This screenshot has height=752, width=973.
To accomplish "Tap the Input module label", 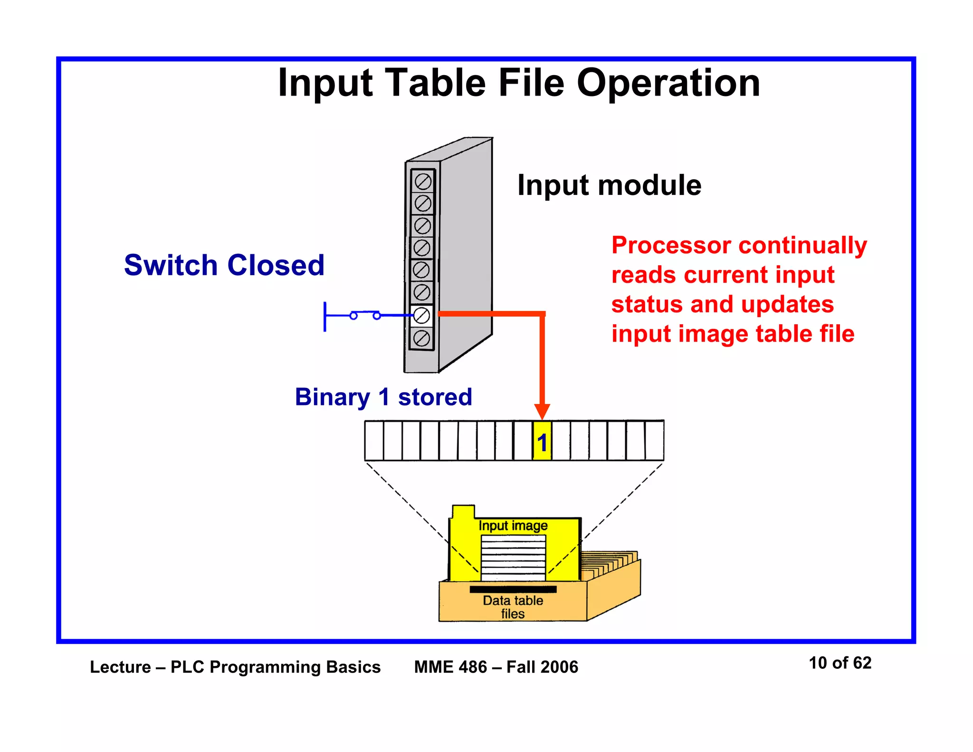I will pyautogui.click(x=609, y=185).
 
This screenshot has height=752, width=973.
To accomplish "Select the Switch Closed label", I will pyautogui.click(x=224, y=265).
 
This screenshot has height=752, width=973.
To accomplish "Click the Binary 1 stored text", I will pyautogui.click(x=383, y=397).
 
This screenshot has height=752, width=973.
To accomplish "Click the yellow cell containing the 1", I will pyautogui.click(x=542, y=441).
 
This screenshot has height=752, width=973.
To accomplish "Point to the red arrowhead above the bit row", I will pyautogui.click(x=542, y=411).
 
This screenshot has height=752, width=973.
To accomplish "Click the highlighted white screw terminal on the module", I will pyautogui.click(x=421, y=315).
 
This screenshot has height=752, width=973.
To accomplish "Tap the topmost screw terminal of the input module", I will pyautogui.click(x=423, y=181).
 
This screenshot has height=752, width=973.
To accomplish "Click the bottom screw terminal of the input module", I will pyautogui.click(x=421, y=338).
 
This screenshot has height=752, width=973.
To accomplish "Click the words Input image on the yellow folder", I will pyautogui.click(x=513, y=526).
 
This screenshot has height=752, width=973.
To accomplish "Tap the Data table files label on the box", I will pyautogui.click(x=513, y=607).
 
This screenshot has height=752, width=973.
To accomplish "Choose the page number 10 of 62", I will pyautogui.click(x=840, y=663).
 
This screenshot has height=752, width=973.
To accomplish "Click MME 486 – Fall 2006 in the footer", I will pyautogui.click(x=496, y=667).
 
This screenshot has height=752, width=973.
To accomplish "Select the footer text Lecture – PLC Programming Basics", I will pyautogui.click(x=235, y=667).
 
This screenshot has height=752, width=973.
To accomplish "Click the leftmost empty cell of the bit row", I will pyautogui.click(x=374, y=441).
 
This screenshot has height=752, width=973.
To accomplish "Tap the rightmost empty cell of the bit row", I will pyautogui.click(x=654, y=441).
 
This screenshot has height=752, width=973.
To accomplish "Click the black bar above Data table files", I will pyautogui.click(x=513, y=589).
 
